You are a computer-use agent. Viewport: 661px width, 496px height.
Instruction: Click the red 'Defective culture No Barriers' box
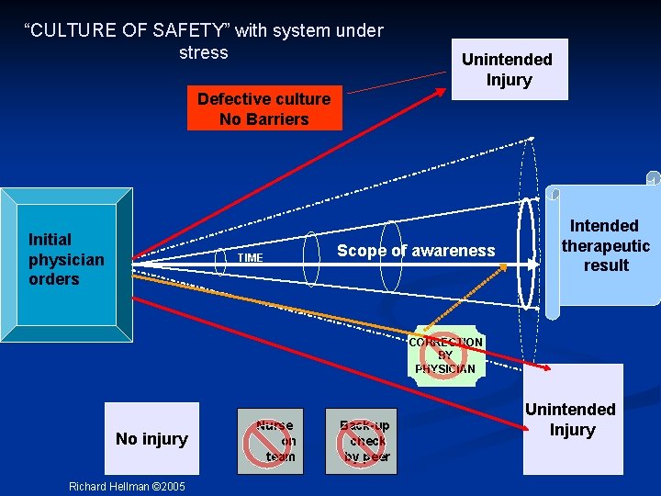[264, 108]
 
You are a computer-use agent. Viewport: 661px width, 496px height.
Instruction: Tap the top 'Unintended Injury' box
[508, 69]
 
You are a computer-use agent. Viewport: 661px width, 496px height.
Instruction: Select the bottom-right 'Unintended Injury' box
[572, 419]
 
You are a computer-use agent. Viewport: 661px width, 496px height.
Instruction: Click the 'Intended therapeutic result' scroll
[605, 245]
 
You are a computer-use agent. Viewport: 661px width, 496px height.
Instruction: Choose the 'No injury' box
[151, 439]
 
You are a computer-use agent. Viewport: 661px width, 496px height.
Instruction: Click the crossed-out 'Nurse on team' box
[270, 441]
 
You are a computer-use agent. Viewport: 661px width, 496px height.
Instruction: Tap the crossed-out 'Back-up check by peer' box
[362, 441]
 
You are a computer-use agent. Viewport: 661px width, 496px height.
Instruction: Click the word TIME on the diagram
[251, 258]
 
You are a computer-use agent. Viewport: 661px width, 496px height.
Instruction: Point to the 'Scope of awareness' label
[416, 251]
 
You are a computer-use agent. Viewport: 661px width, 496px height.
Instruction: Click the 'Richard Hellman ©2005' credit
[127, 486]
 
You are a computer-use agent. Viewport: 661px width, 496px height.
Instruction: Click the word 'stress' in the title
[203, 52]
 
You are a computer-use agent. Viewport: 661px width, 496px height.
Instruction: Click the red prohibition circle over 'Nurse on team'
[264, 442]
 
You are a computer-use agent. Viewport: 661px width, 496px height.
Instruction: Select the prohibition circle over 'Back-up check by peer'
[362, 442]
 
